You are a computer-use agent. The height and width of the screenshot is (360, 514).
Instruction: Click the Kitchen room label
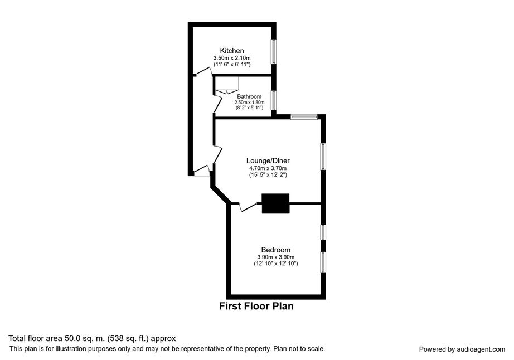coord(232,51)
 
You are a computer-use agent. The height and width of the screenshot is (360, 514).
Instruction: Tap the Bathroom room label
coord(249,96)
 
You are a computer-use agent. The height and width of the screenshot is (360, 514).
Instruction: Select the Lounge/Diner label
coord(268,161)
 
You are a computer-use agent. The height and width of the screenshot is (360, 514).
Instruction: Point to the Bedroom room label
coord(276,250)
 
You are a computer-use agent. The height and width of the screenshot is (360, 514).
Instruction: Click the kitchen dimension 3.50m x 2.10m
coord(232,58)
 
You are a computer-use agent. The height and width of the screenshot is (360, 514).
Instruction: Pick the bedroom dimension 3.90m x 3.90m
coord(276,257)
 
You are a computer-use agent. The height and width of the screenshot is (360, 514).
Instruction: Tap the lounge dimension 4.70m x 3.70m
coord(268,168)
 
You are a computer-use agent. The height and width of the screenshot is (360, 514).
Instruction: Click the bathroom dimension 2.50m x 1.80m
coord(249,102)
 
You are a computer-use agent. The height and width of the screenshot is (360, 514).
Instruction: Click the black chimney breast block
coord(275,203)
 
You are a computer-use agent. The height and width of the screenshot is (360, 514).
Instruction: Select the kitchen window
coord(273,52)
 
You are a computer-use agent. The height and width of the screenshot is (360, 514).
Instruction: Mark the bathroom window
coord(273,100)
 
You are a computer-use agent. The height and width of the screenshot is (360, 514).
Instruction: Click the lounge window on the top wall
coord(304,116)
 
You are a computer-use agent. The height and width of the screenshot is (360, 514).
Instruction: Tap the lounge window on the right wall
coord(323,157)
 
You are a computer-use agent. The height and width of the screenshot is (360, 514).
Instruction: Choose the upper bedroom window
coord(323,232)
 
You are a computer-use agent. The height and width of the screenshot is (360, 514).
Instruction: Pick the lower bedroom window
coord(323,261)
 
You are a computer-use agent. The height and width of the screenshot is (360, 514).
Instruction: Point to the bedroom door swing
coord(248,207)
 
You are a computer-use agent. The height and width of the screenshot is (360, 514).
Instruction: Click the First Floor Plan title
coord(256,306)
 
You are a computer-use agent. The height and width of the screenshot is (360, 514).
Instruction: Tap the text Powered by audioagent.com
coord(462,349)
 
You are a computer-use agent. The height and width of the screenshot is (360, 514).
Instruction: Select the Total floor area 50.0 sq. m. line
coord(92,338)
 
